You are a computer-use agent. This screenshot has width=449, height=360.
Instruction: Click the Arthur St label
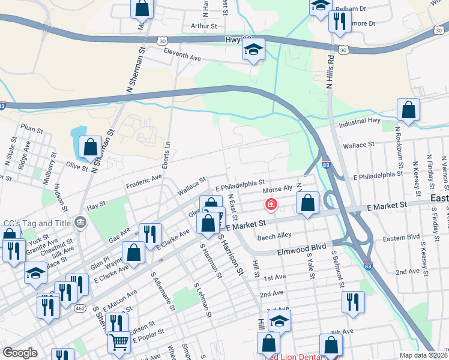pos(203,26)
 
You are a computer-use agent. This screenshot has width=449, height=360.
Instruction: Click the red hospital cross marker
pos(271,205)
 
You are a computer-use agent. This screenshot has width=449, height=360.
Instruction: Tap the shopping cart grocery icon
pos(119,342)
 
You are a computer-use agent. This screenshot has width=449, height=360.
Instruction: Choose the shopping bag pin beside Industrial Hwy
pos(408,111)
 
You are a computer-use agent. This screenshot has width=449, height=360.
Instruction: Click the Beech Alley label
pos(274,235)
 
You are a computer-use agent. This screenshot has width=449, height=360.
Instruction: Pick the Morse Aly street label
pos(277,190)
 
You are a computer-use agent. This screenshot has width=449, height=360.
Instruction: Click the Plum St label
pos(31,127)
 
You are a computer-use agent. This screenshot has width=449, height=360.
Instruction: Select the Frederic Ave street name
pos(144,178)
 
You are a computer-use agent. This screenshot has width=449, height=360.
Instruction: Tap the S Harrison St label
pos(231,254)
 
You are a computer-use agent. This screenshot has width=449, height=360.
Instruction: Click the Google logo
pos(20,353)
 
